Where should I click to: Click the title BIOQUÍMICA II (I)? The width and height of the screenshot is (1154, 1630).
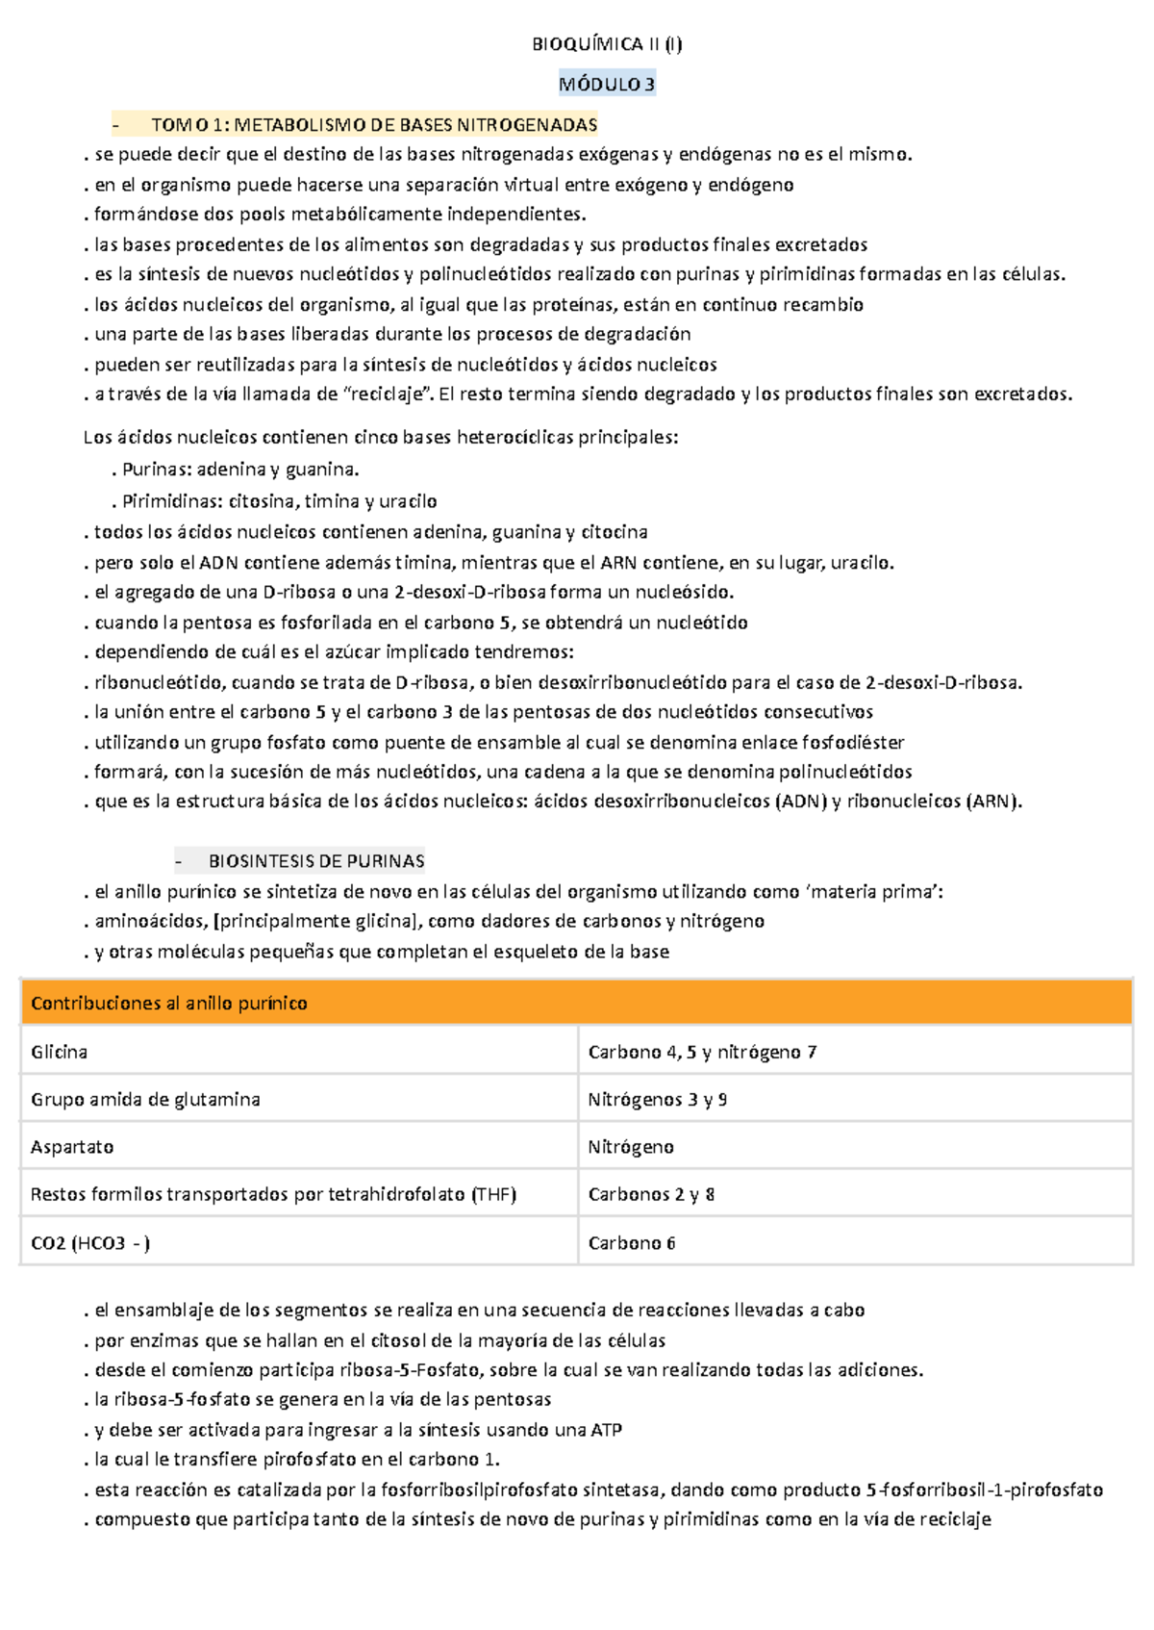607,44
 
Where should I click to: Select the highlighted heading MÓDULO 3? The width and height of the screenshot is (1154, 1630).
607,85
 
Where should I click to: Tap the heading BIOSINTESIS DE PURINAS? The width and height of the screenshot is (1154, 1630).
316,861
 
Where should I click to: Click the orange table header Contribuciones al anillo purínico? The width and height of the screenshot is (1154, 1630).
169,1004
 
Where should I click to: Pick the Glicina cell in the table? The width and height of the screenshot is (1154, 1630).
60,1052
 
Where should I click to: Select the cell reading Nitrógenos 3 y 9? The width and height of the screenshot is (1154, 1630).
658,1099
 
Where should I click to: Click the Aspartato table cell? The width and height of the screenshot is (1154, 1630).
72,1147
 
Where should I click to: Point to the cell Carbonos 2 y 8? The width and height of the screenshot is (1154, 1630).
651,1194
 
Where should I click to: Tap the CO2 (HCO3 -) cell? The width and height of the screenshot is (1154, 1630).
90,1243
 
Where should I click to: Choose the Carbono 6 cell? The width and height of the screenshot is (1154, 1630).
632,1243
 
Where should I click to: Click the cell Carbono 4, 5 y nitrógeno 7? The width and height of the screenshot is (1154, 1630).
702,1052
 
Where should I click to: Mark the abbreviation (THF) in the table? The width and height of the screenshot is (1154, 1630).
493,1194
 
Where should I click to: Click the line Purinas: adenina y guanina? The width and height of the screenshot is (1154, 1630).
239,470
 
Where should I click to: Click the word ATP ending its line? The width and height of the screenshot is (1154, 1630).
606,1430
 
